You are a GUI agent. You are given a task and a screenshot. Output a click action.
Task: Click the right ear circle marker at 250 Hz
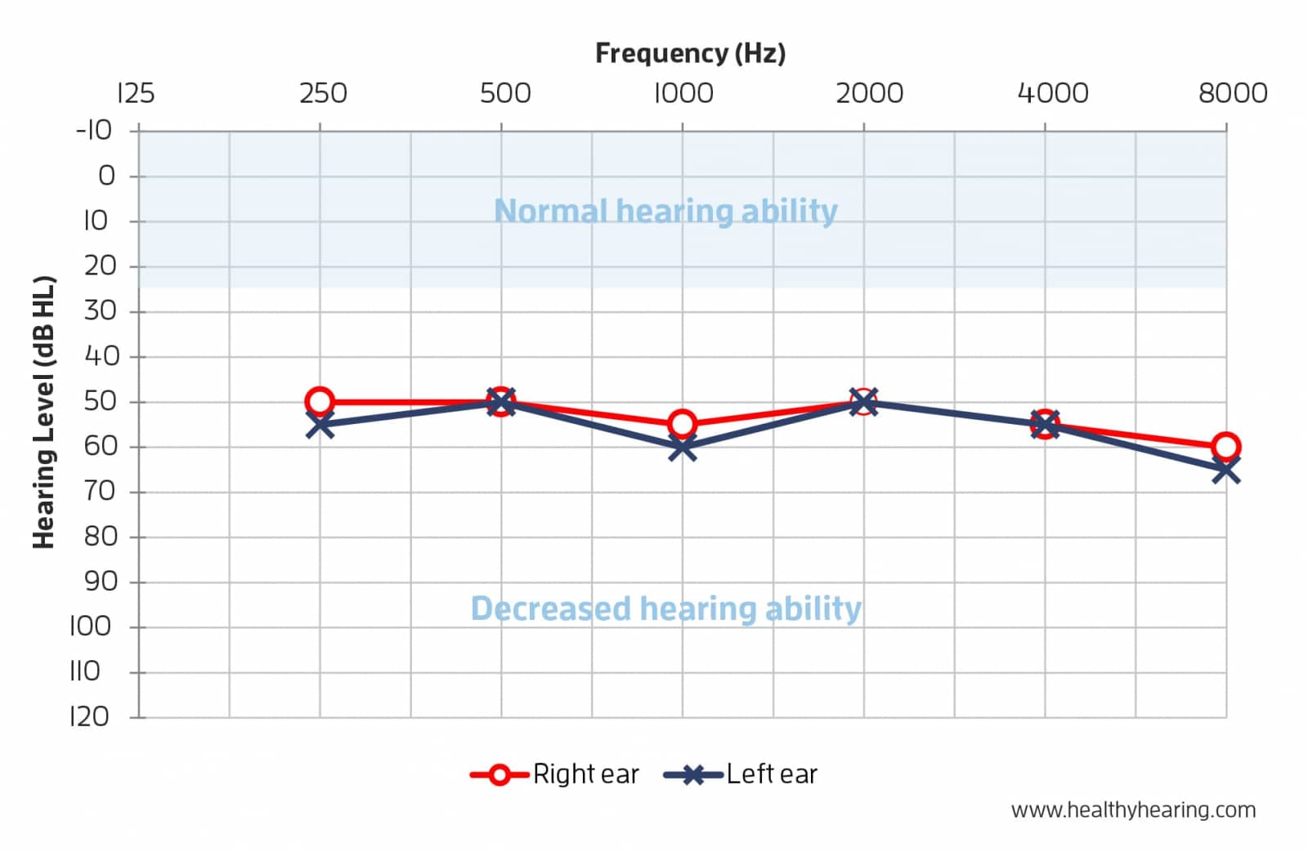click(x=320, y=401)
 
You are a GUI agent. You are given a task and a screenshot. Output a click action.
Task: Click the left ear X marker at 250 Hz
click(x=320, y=424)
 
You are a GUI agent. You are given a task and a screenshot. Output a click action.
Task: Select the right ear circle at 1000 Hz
click(x=682, y=424)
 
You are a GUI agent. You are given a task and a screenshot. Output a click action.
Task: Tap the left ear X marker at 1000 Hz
click(x=682, y=447)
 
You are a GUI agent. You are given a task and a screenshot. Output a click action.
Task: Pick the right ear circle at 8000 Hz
click(x=1225, y=446)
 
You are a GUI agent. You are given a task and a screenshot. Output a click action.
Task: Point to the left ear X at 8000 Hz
click(x=1225, y=470)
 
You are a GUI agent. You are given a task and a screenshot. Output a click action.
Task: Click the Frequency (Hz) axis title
click(x=690, y=53)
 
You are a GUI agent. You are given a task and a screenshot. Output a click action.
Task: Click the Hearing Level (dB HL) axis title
click(x=43, y=413)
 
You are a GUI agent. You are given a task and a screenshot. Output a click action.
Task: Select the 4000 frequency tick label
click(x=1052, y=93)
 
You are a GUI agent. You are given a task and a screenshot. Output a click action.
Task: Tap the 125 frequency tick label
click(x=136, y=93)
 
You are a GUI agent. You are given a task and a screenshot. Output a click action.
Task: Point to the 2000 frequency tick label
click(x=869, y=93)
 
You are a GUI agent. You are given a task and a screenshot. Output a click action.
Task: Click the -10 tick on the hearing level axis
click(x=94, y=130)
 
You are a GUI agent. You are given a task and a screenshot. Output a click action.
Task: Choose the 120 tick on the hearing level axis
click(x=89, y=716)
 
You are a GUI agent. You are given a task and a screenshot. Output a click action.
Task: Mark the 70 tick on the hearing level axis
click(x=100, y=491)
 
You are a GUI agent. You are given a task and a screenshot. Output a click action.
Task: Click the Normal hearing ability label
click(x=665, y=211)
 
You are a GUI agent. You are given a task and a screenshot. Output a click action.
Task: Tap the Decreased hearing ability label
click(x=665, y=609)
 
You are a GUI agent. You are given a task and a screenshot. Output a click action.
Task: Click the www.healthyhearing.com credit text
click(x=1133, y=810)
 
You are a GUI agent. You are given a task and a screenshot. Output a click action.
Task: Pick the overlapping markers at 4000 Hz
click(x=1044, y=424)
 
